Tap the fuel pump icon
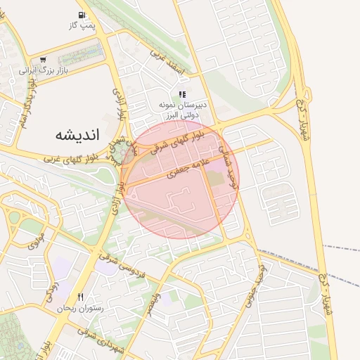point(82,15)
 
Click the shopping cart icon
point(44,60)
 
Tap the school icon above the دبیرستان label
point(182,94)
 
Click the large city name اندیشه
point(78,134)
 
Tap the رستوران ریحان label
point(81,308)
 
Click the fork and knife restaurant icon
point(81,297)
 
